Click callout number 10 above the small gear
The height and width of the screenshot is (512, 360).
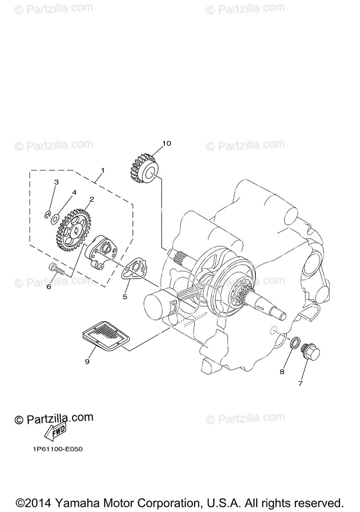point(166,143)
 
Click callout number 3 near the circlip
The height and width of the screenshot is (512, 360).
point(56,182)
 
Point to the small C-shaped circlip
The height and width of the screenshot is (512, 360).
point(48,215)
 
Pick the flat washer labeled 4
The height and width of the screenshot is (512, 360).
point(55,219)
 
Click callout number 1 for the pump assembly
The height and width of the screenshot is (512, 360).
point(102,170)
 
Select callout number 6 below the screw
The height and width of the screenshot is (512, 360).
point(48,287)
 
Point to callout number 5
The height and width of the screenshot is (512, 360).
point(125,297)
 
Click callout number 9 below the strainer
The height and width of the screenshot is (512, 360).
point(87,361)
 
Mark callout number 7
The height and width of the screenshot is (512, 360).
point(300,383)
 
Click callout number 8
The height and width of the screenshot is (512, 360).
point(282,372)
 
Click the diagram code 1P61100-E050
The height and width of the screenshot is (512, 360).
point(57,449)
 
